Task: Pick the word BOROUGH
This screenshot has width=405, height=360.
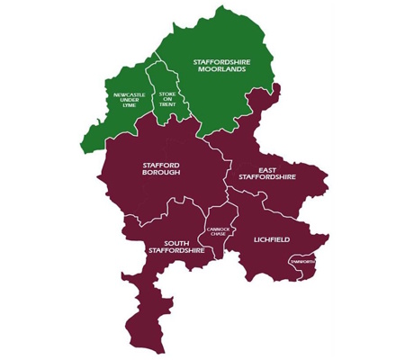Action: tap(162, 173)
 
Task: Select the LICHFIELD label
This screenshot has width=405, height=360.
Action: tap(271, 240)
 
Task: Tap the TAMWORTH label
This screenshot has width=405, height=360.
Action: tap(303, 261)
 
